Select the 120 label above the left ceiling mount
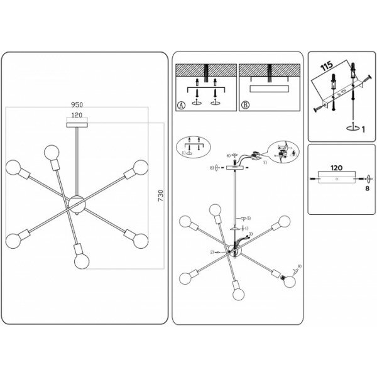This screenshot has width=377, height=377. pos(77,116)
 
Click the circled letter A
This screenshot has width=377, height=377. pos(182,106)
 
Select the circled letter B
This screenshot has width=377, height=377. pos(244,106)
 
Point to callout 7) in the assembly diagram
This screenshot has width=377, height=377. pos(265,163)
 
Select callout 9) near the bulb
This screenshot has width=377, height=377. pos(299,266)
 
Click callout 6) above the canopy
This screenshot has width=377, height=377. pos(229,155)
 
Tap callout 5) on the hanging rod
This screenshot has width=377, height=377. pos(249,217)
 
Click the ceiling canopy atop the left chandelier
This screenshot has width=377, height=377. pos(77,123)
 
